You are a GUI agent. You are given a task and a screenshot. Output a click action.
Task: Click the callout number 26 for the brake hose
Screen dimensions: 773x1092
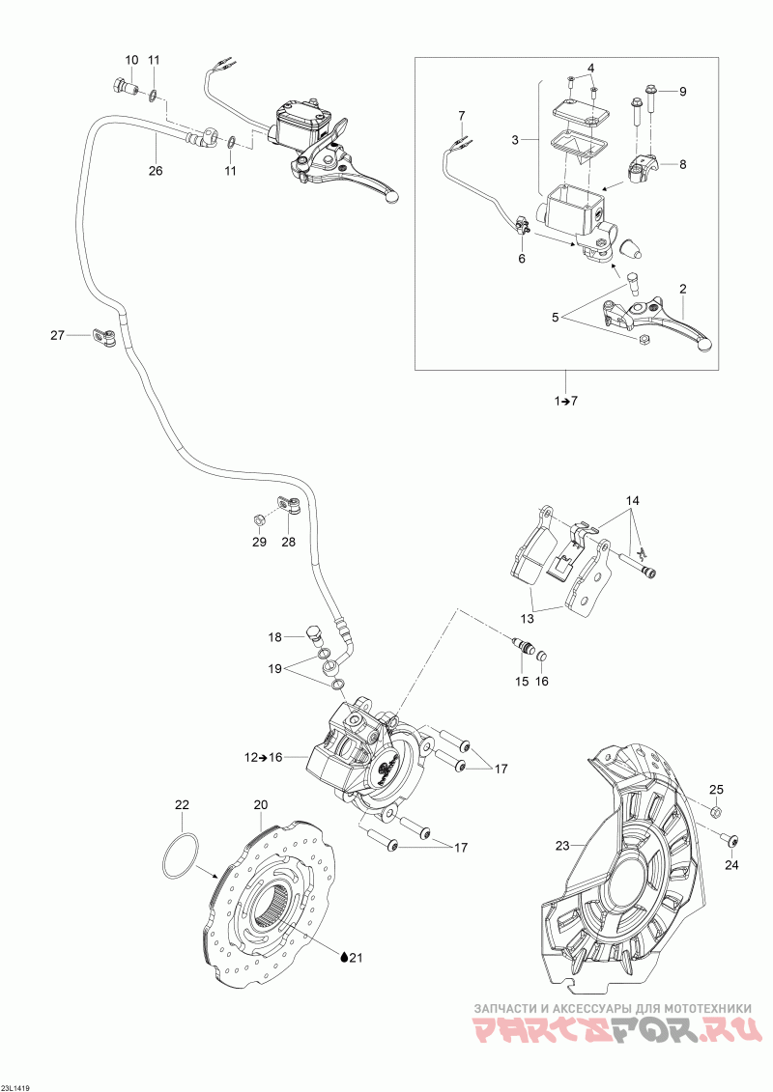156,170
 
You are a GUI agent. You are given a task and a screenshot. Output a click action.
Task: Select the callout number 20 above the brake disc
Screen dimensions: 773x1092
261,804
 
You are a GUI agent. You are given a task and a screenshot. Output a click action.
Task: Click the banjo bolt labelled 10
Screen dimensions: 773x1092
123,89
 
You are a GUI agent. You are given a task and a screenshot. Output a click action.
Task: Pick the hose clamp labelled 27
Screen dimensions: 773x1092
103,338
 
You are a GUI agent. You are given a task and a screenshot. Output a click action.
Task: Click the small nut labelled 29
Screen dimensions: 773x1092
259,520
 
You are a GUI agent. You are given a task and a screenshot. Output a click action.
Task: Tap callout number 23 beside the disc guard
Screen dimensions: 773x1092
562,846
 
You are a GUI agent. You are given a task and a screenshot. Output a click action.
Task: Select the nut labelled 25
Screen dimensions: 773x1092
715,812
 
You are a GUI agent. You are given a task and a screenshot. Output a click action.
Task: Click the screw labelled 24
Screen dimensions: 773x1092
730,841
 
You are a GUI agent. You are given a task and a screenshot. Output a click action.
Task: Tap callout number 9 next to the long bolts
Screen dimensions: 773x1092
682,91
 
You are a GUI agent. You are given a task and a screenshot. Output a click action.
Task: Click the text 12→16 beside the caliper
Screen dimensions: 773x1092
263,757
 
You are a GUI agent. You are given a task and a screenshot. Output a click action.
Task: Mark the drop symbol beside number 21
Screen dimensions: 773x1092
343,957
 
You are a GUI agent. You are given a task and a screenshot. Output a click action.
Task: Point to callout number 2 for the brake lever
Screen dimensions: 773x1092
683,289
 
